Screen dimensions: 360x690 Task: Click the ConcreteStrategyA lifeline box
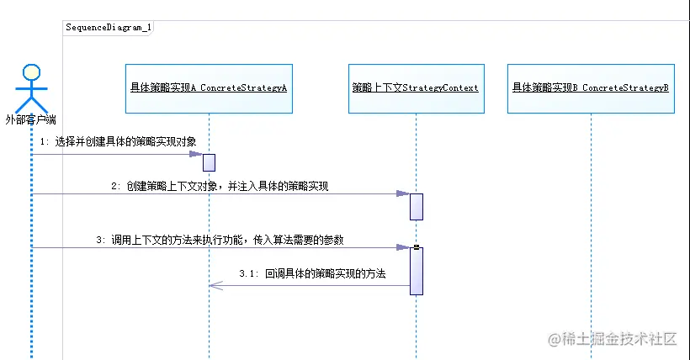[x=209, y=88]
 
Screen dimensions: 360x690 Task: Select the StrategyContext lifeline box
[x=416, y=88]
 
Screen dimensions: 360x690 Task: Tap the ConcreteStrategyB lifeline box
[x=591, y=88]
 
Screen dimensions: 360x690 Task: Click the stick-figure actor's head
[x=32, y=70]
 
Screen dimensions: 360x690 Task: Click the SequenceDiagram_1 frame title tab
[x=109, y=27]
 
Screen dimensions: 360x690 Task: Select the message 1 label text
[x=118, y=142]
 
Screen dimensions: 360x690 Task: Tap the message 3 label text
[x=220, y=240]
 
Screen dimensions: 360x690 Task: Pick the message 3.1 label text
[x=312, y=274]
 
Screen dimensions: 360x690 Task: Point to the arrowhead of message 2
[x=402, y=193]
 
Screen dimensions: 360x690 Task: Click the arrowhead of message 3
[x=402, y=247]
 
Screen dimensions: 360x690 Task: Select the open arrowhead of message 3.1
[x=215, y=286]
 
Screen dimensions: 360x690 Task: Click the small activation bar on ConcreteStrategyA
[x=209, y=162]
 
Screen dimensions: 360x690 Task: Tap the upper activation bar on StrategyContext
[x=416, y=206]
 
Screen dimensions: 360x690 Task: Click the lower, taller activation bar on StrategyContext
[x=416, y=270]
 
